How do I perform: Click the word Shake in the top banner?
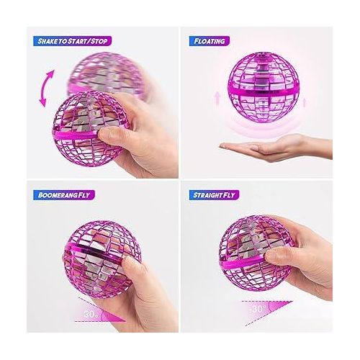tap(48, 41)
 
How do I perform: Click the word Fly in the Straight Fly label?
tap(242, 194)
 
